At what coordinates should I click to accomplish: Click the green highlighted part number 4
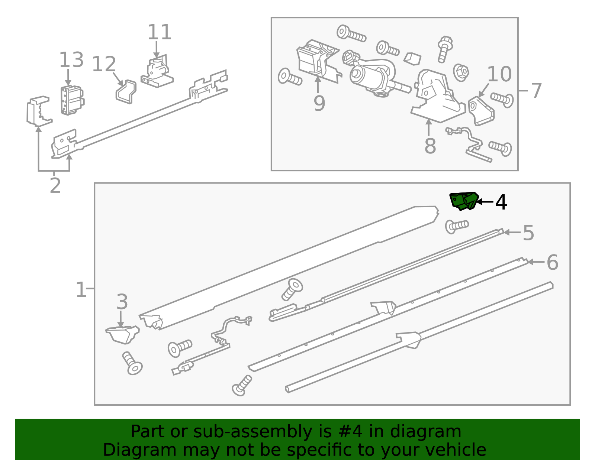[x=464, y=201]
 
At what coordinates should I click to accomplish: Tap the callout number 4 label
[x=501, y=202]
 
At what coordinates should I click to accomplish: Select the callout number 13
[x=71, y=60]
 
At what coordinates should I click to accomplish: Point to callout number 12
[x=104, y=64]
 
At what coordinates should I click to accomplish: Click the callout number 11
[x=160, y=32]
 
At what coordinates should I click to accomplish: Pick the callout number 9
[x=319, y=103]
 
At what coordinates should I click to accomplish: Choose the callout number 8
[x=430, y=146]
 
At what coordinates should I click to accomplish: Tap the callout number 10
[x=499, y=74]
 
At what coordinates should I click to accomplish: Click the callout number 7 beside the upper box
[x=536, y=91]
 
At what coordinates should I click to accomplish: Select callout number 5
[x=528, y=233]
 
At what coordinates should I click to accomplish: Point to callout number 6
[x=552, y=262]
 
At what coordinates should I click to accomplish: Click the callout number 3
[x=122, y=302]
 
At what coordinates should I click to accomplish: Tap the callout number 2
[x=55, y=186]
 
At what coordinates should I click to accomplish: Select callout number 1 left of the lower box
[x=81, y=289]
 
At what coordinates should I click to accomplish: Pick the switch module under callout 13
[x=72, y=100]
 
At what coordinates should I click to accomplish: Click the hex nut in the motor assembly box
[x=461, y=72]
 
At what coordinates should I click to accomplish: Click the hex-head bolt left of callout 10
[x=444, y=49]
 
